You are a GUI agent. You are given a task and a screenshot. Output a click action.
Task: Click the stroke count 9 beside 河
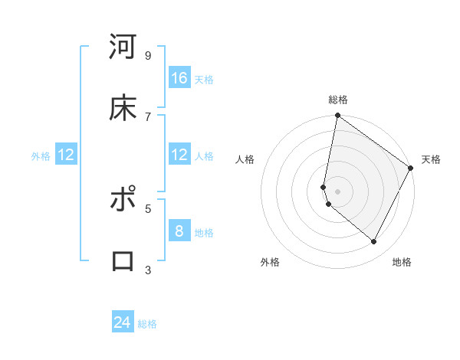pyautogui.click(x=148, y=55)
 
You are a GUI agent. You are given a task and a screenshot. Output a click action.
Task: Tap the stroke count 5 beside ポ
pyautogui.click(x=148, y=208)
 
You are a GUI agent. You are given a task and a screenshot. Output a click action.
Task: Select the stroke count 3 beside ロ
pyautogui.click(x=148, y=270)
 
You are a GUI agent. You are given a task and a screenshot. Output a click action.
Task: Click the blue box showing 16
pyautogui.click(x=179, y=78)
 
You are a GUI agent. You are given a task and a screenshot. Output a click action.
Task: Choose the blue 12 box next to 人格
pyautogui.click(x=179, y=155)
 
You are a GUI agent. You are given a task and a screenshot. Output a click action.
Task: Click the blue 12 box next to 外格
pyautogui.click(x=66, y=155)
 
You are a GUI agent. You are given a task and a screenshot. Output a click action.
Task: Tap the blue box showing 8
pyautogui.click(x=179, y=231)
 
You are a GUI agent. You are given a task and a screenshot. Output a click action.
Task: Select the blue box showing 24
pyautogui.click(x=123, y=322)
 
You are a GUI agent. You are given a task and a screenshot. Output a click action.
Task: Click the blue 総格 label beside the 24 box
pyautogui.click(x=147, y=324)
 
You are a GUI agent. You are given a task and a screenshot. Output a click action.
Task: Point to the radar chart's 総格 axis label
pyautogui.click(x=338, y=100)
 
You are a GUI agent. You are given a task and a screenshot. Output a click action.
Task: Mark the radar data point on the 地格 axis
pyautogui.click(x=374, y=242)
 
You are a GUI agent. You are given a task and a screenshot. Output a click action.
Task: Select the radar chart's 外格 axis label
pyautogui.click(x=270, y=262)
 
